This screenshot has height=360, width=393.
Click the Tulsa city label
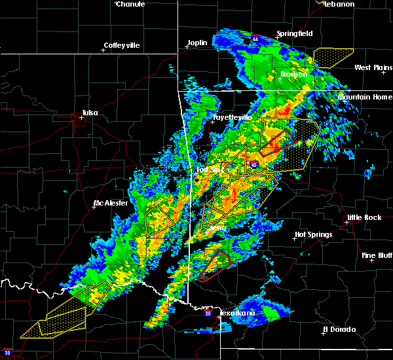(90, 113)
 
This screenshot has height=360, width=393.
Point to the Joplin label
(197, 43)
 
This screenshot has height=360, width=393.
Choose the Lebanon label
(339, 4)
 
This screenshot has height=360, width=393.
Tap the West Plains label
(372, 67)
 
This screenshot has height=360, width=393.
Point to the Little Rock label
(363, 217)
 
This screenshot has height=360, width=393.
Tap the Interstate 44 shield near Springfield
(255, 39)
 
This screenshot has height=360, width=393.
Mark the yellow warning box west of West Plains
(333, 58)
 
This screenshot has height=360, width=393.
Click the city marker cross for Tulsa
(82, 118)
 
